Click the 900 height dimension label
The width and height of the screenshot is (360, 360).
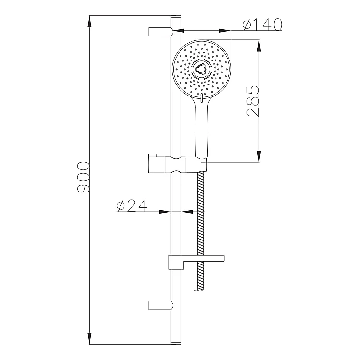(x=83, y=177)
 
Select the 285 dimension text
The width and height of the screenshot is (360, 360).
(x=253, y=101)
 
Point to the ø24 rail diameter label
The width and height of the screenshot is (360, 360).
(x=132, y=205)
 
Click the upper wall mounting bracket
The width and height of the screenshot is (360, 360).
(x=161, y=32)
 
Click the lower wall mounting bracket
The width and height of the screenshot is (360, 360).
(x=161, y=305)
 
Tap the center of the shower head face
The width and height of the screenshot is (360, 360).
(x=202, y=69)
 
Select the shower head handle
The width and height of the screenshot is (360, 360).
(x=202, y=129)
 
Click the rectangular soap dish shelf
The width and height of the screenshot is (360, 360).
(x=196, y=262)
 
